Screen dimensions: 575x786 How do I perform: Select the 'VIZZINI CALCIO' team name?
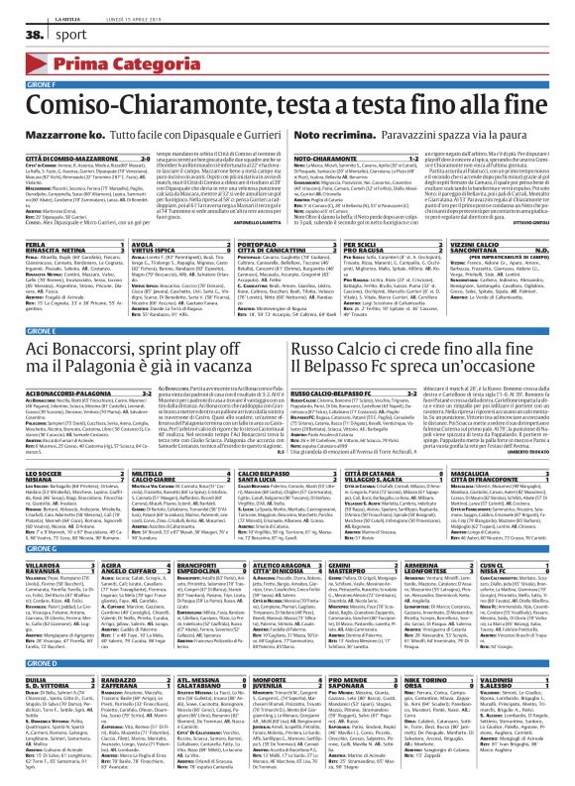[x=483, y=242]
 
